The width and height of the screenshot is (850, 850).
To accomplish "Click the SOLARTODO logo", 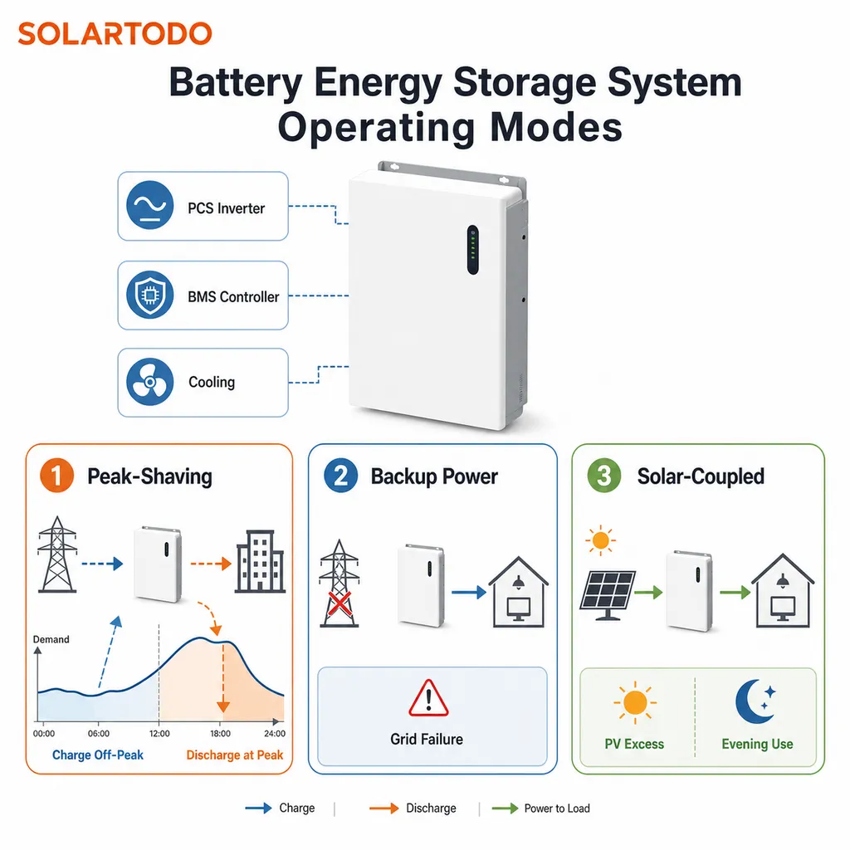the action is pos(115,33).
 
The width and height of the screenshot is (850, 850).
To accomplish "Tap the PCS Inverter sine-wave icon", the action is pos(149,206).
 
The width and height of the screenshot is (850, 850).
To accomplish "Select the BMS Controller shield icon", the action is pos(149,295).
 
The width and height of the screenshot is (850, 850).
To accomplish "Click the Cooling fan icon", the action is pos(149,382).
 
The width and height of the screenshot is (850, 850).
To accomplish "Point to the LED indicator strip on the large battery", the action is pos(472,250).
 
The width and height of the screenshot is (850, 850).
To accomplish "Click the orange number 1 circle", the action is pos(56,476).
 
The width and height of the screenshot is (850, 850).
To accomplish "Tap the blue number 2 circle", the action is pos(340,476).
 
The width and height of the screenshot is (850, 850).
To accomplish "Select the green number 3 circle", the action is pos(604,476).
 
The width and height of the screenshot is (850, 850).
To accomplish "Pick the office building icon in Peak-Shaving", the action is pos(260,560).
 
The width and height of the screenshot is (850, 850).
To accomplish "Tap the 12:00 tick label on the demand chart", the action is pos(159,734).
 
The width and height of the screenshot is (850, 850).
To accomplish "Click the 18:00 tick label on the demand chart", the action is pos(220,734).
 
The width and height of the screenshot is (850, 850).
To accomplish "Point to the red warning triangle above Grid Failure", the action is pos(428,699).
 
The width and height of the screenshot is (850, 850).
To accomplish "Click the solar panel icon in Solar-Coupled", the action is pos(608,594).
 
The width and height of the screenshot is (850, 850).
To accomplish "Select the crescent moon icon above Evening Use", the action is pos(755,701).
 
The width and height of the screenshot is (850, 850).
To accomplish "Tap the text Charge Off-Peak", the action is pos(98,755).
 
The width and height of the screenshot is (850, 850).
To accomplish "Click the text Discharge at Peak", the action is pos(235,755).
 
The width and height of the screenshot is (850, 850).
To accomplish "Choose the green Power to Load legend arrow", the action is pos(505,808).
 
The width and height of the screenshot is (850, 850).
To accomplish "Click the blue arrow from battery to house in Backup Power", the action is pos(469,592).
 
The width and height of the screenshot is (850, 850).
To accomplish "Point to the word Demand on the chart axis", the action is pos(51,639).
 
